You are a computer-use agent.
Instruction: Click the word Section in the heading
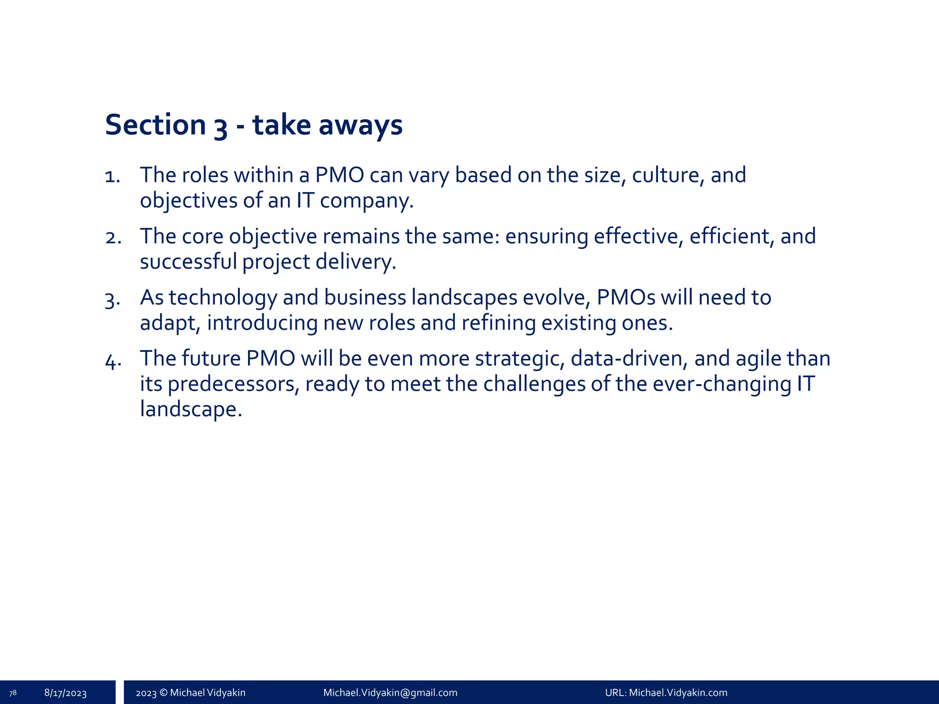coord(155,125)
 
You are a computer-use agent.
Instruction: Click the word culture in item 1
coord(668,175)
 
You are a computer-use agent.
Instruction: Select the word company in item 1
coord(366,201)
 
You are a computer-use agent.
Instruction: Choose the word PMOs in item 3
coord(626,297)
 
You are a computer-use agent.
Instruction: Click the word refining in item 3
coord(498,323)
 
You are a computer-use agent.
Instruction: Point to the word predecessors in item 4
coord(233,384)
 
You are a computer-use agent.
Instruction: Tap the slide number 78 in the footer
coord(13,693)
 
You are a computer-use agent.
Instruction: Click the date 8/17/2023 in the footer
coord(66,693)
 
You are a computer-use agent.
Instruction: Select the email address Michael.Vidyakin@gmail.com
coord(390,693)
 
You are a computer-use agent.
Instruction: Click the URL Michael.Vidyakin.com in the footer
coord(678,693)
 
